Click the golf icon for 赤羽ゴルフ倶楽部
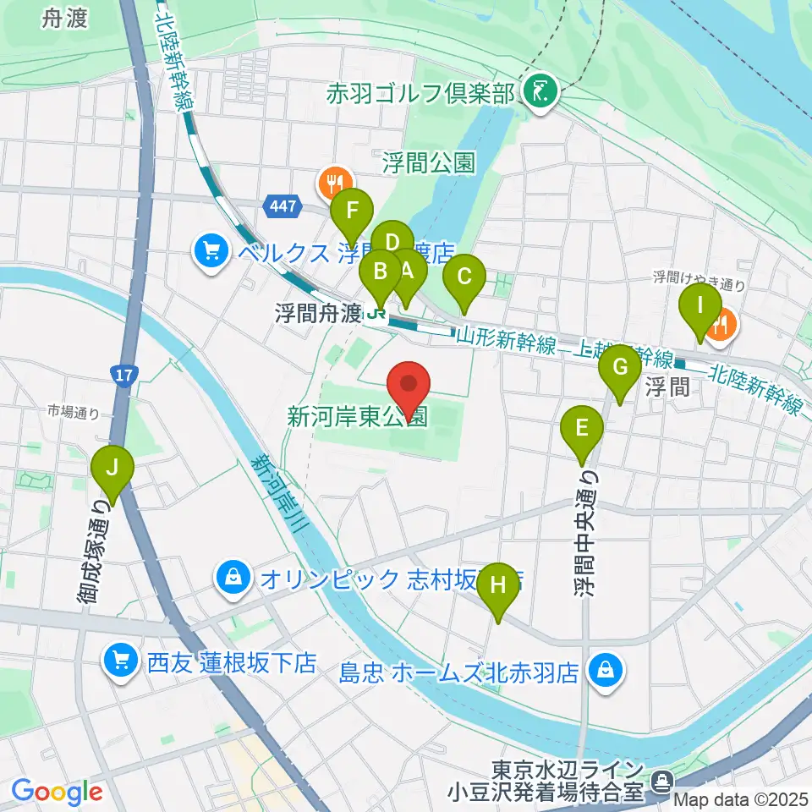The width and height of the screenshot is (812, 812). pyautogui.click(x=538, y=90)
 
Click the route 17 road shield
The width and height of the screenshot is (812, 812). pyautogui.click(x=123, y=374)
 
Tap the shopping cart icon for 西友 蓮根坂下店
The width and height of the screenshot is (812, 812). pyautogui.click(x=120, y=659)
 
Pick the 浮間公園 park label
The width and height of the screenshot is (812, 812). pyautogui.click(x=428, y=162)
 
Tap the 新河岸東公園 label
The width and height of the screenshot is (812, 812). pyautogui.click(x=358, y=417)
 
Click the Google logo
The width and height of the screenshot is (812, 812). pyautogui.click(x=58, y=791)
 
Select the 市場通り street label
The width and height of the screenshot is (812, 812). pyautogui.click(x=74, y=413)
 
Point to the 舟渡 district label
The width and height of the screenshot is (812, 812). pyautogui.click(x=64, y=19)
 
